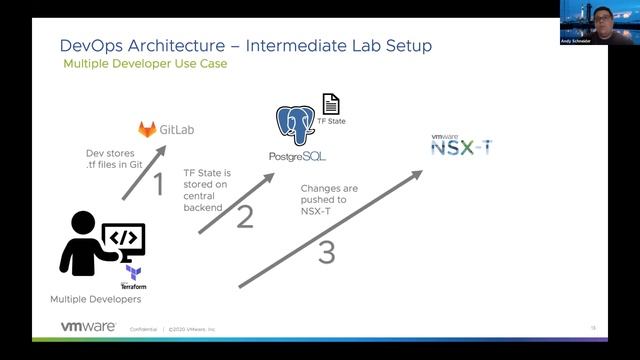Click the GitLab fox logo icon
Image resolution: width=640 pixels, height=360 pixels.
[147, 129]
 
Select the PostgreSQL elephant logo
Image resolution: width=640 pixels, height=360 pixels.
[296, 126]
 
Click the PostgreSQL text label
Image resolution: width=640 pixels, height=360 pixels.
[297, 157]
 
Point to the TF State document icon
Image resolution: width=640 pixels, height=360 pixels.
[330, 103]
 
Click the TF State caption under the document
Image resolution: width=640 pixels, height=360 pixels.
[330, 121]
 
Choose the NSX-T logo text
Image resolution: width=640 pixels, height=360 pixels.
[461, 148]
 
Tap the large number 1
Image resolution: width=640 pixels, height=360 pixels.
[157, 183]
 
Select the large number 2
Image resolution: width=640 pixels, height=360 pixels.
[245, 216]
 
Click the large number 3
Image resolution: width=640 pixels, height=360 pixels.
[326, 253]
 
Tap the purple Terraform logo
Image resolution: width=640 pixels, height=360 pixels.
[132, 272]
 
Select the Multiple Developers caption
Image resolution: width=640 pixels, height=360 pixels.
[95, 299]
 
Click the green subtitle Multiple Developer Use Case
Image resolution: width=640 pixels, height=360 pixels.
[145, 64]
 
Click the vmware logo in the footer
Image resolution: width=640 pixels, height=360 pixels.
[87, 327]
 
